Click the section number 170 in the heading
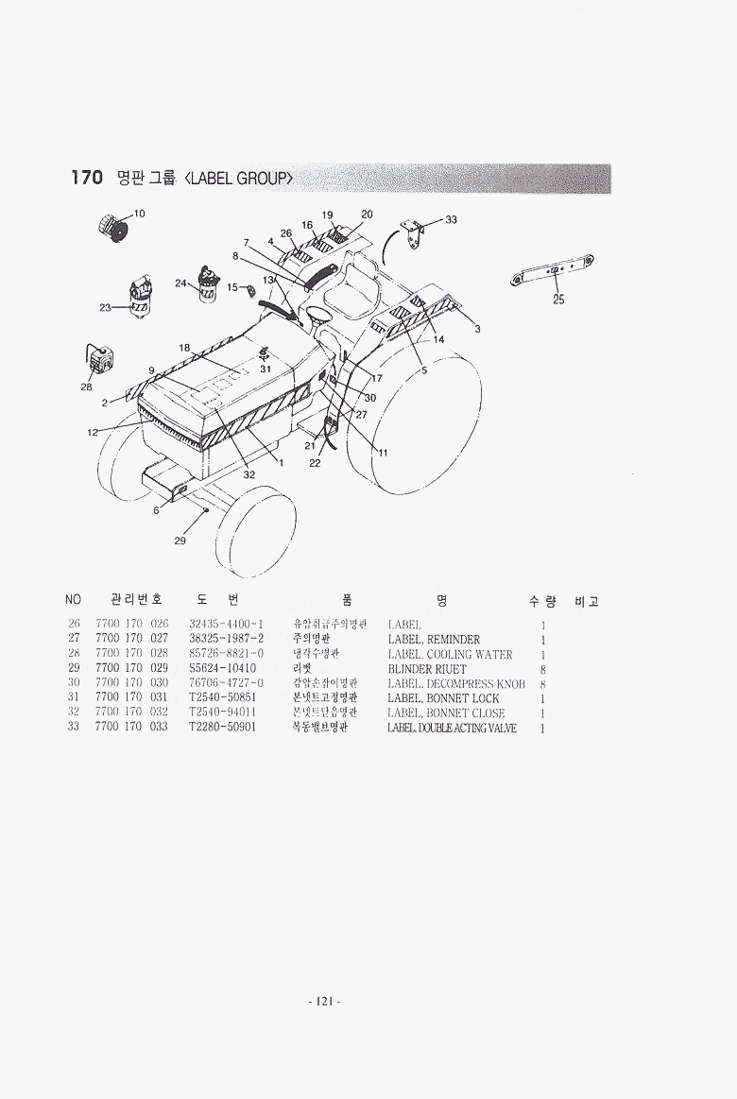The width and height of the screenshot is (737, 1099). [86, 178]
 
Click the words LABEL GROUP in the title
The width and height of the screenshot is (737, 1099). [240, 179]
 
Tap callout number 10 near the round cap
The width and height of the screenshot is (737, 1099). [139, 214]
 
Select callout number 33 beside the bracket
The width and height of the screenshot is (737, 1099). [451, 219]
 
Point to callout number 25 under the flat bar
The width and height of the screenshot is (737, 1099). [558, 300]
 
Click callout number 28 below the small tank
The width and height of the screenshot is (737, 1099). [86, 386]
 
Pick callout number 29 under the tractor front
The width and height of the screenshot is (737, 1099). [180, 541]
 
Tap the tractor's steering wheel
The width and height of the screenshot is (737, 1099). [316, 315]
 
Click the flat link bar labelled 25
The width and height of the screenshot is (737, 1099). [551, 270]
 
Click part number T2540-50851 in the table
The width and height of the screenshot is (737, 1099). [222, 698]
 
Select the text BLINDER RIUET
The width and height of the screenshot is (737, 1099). [427, 669]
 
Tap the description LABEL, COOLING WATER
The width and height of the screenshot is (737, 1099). [450, 654]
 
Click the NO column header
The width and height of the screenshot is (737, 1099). [74, 600]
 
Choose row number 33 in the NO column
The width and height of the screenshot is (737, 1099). [74, 728]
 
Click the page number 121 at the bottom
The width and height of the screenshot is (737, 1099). [324, 1002]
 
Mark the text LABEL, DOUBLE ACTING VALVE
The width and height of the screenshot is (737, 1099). [452, 728]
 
